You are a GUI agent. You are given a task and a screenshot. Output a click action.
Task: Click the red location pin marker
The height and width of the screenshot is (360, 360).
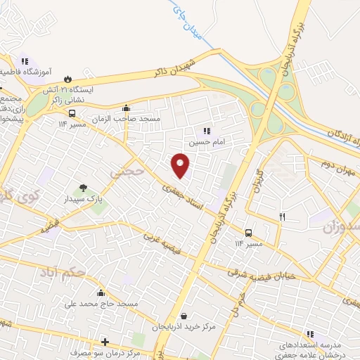point(181,164)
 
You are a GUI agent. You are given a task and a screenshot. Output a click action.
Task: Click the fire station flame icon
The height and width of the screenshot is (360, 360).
point(67,79)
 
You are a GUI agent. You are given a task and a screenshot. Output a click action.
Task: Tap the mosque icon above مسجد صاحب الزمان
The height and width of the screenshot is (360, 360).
point(127,108)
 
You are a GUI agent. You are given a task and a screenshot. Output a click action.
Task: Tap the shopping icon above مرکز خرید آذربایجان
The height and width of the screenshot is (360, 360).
point(184,316)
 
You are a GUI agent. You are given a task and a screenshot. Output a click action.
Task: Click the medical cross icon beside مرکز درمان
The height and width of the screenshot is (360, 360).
point(105,342)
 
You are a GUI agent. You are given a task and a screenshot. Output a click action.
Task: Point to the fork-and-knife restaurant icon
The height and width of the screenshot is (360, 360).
point(282,217)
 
